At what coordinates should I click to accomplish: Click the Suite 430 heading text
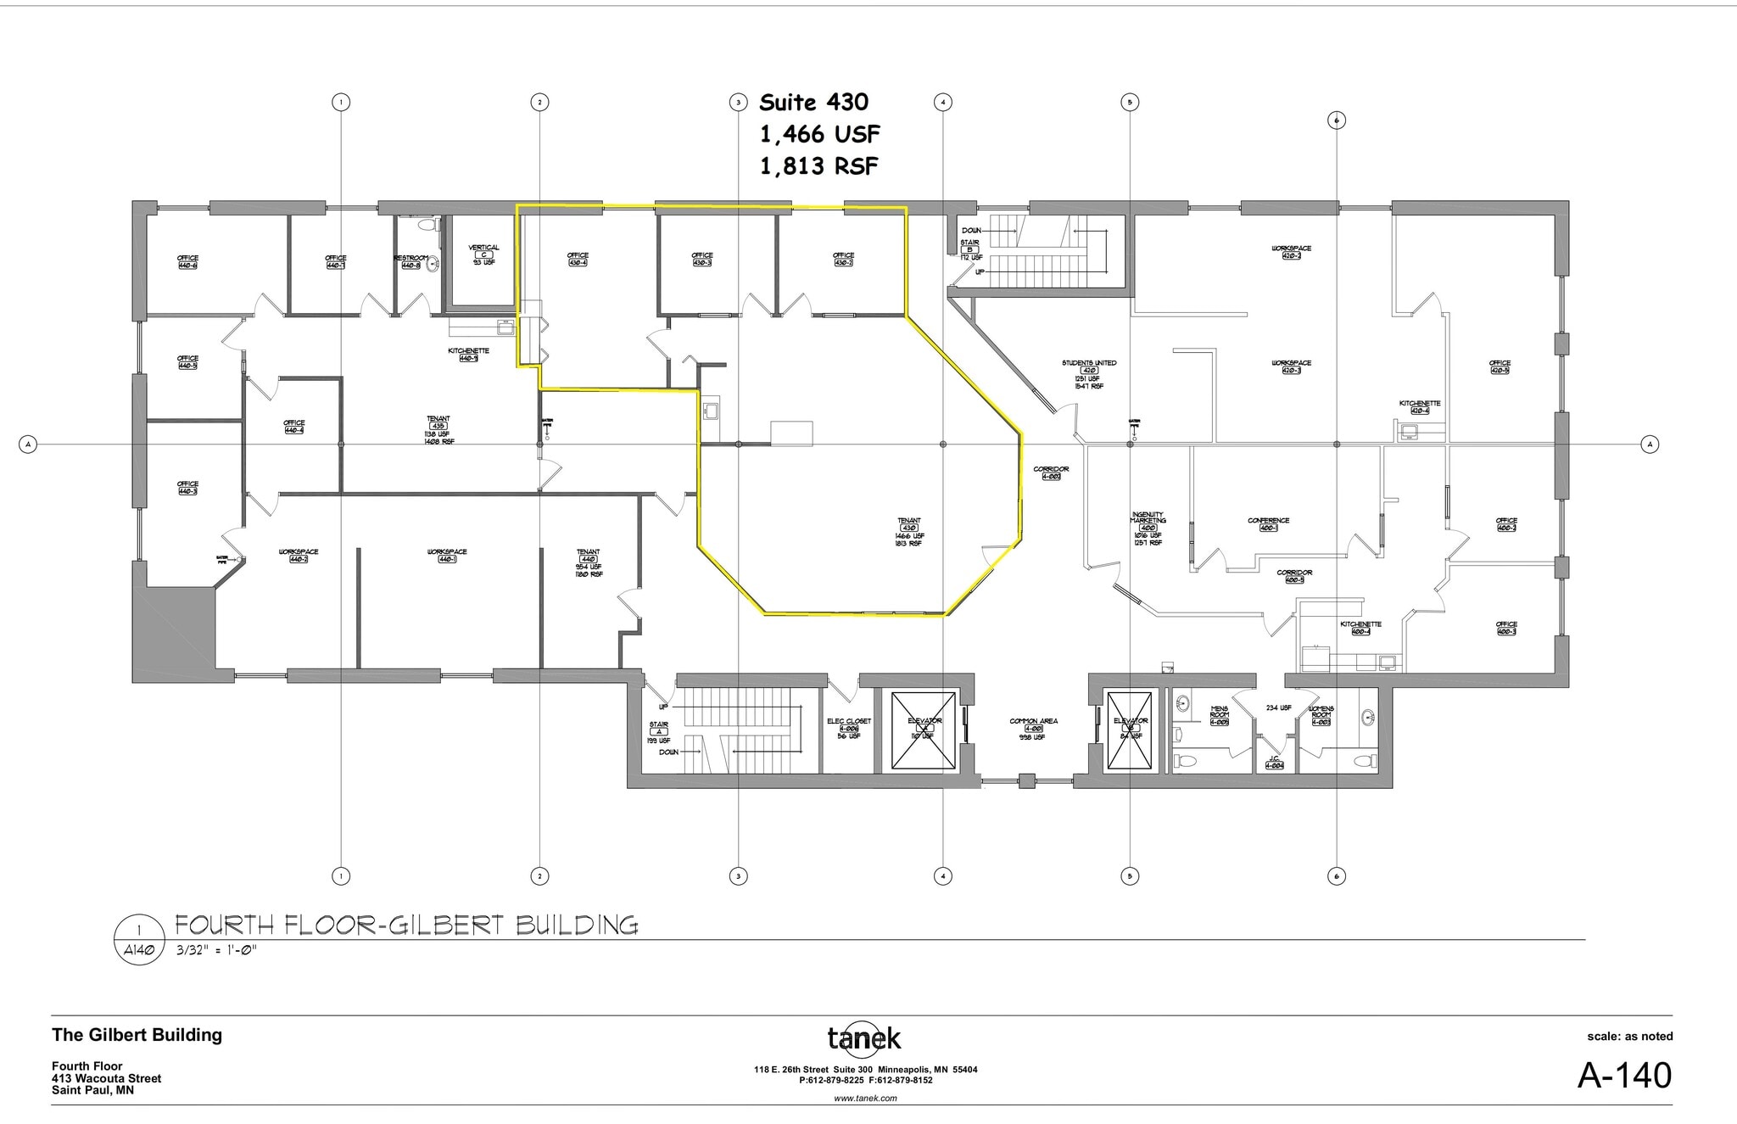point(813,103)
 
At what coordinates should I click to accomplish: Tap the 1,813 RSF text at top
point(818,166)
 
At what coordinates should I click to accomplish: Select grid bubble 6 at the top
point(1336,120)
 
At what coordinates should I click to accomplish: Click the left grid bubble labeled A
point(28,444)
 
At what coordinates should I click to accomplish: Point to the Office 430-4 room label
point(578,259)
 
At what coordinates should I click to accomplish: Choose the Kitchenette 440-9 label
point(469,354)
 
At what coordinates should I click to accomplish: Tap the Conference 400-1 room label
point(1268,524)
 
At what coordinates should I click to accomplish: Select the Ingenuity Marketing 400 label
point(1148,527)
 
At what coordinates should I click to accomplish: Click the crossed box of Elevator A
point(924,731)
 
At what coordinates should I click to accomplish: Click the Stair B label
point(969,249)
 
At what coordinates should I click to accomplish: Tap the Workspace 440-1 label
point(447,556)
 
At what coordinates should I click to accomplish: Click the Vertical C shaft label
point(483,253)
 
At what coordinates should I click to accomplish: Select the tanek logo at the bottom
point(864,1037)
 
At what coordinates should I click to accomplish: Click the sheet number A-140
point(1623,1075)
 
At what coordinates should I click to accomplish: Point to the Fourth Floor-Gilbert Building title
point(406,925)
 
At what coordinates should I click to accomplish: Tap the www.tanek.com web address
point(865,1098)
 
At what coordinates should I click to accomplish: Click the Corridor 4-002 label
point(1051,473)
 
